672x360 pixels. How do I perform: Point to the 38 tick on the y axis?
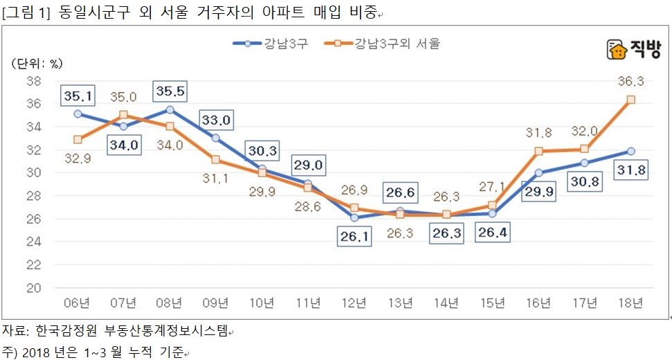point(33,81)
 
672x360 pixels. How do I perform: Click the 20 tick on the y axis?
point(33,287)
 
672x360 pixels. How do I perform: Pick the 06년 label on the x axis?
point(77,303)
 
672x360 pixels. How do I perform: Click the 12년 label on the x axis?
point(353,303)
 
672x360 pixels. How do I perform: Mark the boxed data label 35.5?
point(170,91)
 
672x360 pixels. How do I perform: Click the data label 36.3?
point(630,82)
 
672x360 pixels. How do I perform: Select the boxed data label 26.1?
point(354,237)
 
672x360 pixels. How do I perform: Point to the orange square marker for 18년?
point(630,100)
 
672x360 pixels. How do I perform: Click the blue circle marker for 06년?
point(78,114)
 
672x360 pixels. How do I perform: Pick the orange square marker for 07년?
point(123,115)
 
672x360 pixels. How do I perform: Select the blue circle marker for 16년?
point(538,173)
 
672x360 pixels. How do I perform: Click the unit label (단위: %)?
point(37,63)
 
